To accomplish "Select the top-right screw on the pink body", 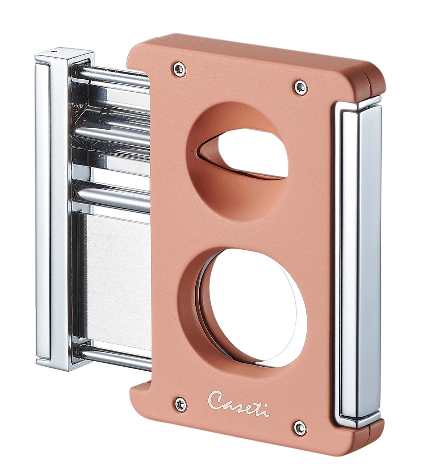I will [x=299, y=86].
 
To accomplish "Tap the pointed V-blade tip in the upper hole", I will [x=200, y=153].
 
